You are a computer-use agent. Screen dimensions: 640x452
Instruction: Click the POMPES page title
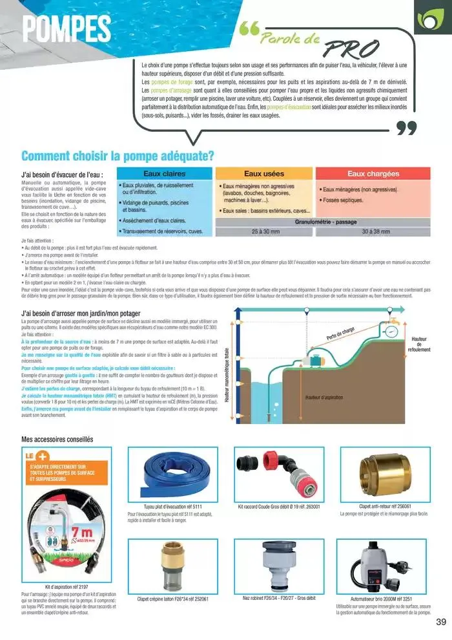pyautogui.click(x=66, y=28)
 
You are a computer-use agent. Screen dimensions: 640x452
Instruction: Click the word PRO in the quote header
pyautogui.click(x=351, y=48)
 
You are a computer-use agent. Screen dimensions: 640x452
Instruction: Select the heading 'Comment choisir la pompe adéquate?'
pyautogui.click(x=118, y=156)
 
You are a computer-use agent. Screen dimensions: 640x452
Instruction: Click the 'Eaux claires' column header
pyautogui.click(x=164, y=174)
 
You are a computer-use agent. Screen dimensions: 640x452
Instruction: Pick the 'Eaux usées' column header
pyautogui.click(x=264, y=174)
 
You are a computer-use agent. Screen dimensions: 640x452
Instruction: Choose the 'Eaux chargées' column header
pyautogui.click(x=373, y=174)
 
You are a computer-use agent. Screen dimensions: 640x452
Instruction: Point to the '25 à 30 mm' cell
pyautogui.click(x=264, y=231)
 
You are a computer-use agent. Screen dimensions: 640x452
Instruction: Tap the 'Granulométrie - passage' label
pyautogui.click(x=326, y=221)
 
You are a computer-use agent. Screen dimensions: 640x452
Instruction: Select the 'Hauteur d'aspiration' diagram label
pyautogui.click(x=324, y=397)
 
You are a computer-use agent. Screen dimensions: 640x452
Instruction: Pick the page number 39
pyautogui.click(x=441, y=622)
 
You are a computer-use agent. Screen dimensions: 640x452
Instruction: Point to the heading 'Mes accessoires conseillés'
pyautogui.click(x=57, y=440)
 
